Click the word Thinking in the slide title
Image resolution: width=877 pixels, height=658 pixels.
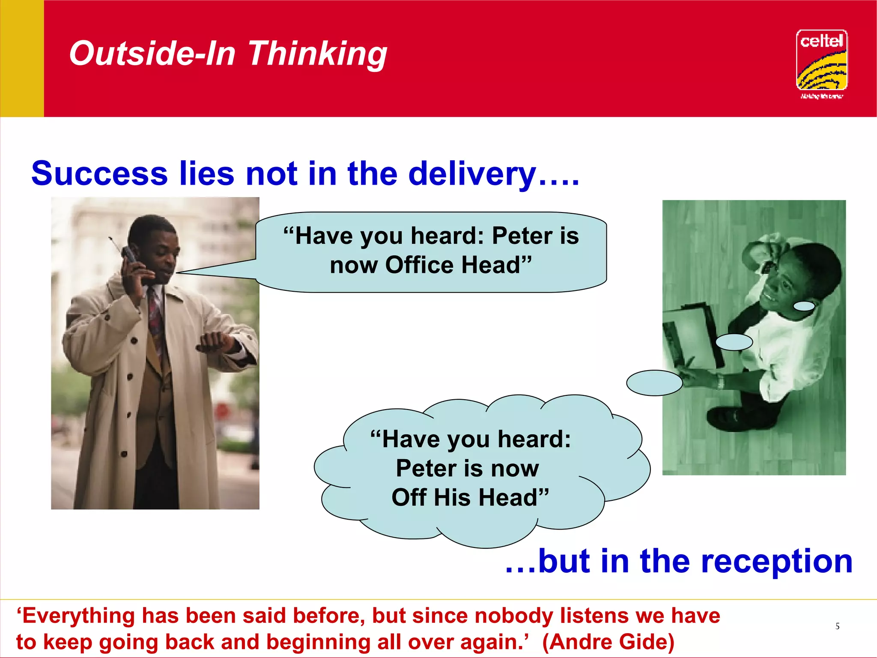pos(317,54)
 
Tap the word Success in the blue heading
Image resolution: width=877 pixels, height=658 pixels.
pos(99,174)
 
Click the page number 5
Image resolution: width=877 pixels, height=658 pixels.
pos(837,626)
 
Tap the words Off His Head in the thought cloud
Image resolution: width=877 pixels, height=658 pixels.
pos(470,497)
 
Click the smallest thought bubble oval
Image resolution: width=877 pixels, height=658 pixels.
pos(804,306)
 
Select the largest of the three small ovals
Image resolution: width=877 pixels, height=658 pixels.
pos(654,383)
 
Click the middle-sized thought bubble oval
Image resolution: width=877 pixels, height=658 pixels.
pos(734,342)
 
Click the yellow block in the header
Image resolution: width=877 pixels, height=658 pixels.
pos(22,58)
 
